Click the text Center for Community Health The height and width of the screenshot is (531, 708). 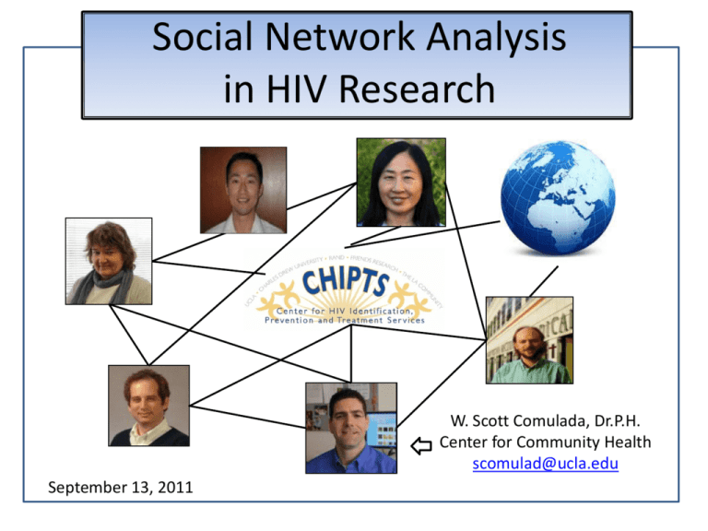545,442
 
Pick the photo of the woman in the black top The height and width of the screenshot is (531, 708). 401,183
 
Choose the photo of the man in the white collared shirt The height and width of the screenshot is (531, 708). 243,190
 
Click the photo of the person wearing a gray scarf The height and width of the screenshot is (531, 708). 108,261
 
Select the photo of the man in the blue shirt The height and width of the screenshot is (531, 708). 351,427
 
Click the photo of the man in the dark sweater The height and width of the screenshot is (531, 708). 148,406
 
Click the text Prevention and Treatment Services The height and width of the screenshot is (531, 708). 345,321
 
